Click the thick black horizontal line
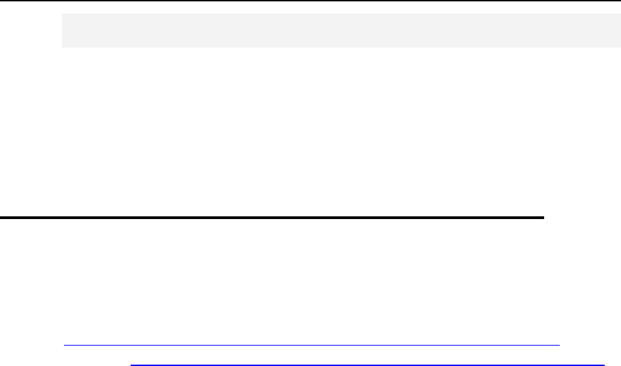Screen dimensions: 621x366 (272, 218)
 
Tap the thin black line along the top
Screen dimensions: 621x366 (310, 1)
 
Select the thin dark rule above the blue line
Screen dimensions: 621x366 (311, 345)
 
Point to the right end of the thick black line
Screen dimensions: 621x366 (544, 218)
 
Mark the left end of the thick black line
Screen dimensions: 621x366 (1, 218)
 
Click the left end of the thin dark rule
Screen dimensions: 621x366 (63, 345)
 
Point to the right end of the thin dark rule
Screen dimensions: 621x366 (558, 345)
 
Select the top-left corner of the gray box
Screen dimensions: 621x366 (62, 13)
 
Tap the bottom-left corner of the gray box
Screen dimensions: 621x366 (62, 47)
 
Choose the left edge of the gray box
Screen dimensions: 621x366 (62, 30)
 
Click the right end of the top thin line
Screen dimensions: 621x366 (620, 1)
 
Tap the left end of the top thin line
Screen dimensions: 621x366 (1, 1)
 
